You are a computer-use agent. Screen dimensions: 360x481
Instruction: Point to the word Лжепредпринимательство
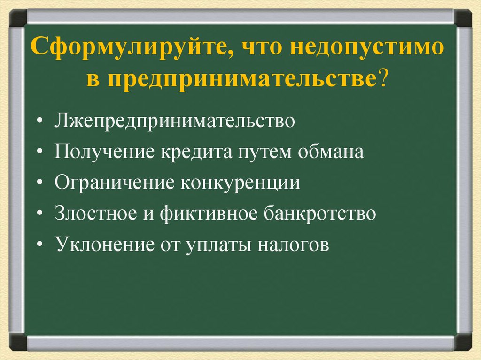pyautogui.click(x=175, y=122)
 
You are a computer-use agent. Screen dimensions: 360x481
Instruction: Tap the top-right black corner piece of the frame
pyautogui.click(x=463, y=18)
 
